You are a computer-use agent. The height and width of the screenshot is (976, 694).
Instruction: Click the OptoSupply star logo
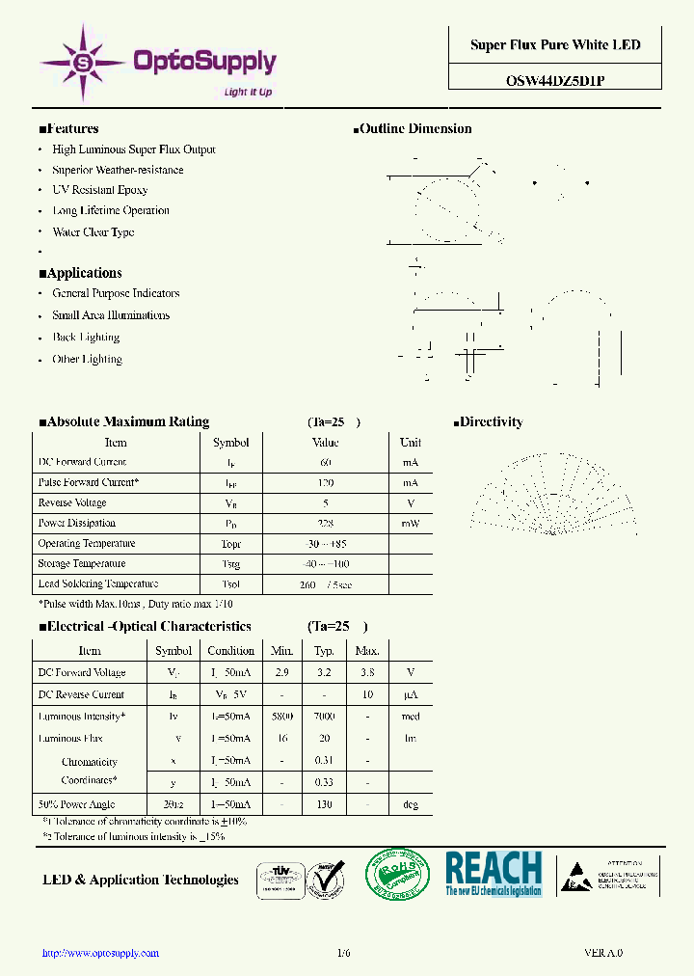83,63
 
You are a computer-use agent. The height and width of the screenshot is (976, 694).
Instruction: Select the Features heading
68,129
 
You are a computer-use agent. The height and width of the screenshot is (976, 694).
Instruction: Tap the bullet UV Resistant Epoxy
100,191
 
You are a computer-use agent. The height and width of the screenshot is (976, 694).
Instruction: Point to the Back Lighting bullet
86,338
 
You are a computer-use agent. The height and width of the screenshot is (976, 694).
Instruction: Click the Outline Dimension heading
414,129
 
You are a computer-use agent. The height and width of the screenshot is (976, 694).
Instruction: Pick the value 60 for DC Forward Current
325,463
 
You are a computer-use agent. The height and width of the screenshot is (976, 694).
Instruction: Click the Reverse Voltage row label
72,503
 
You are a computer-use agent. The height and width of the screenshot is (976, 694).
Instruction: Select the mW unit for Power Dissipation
410,524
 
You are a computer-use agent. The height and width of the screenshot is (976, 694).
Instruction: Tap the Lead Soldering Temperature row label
97,584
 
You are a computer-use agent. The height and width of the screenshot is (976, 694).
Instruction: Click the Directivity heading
489,422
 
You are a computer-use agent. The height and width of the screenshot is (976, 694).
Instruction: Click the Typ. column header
324,651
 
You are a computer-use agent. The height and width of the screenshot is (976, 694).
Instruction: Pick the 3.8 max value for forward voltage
367,673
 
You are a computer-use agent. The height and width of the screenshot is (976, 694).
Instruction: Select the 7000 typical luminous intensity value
324,717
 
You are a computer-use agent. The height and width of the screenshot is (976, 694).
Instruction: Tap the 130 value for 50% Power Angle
324,804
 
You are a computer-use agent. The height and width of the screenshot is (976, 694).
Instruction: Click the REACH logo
494,874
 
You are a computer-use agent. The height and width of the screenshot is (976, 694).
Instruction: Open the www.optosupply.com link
100,953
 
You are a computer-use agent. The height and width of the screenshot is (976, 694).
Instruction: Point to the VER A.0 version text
602,953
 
